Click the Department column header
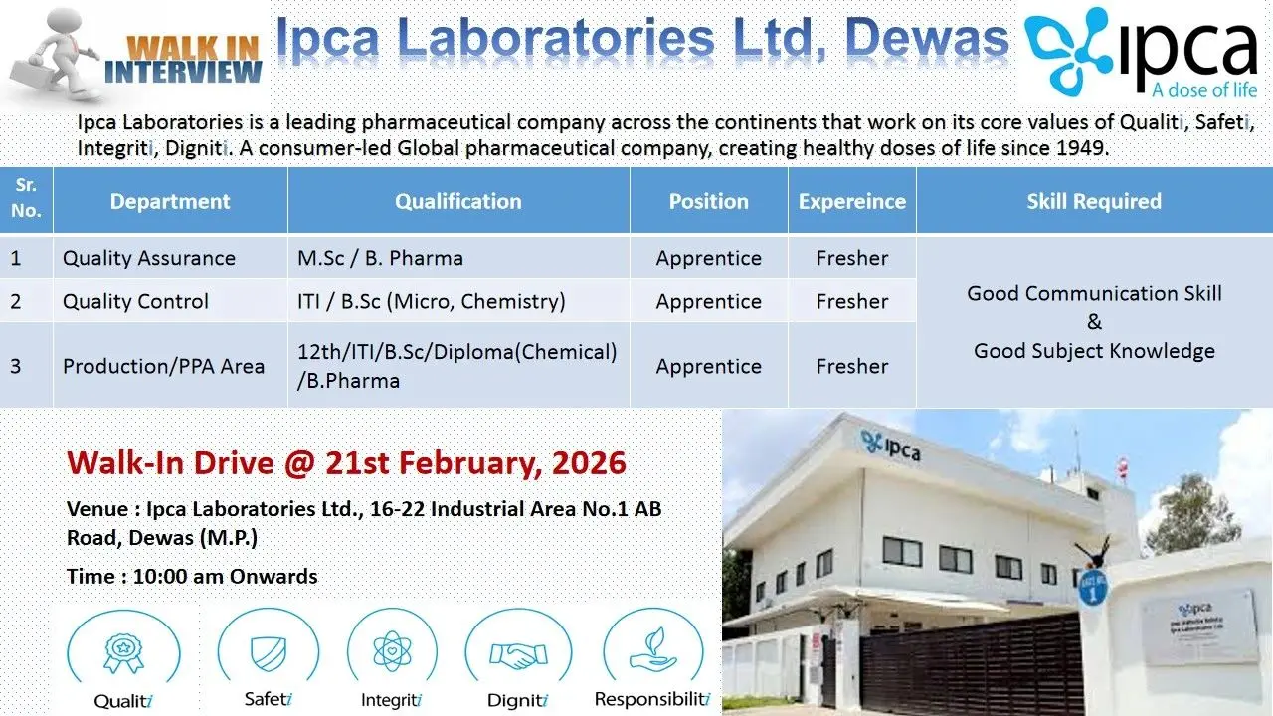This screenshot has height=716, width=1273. (x=170, y=201)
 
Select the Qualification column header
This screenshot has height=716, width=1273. (x=458, y=201)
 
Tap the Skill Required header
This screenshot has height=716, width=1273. (x=1094, y=201)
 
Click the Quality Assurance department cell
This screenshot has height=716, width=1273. (x=149, y=258)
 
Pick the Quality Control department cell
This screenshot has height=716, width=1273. (x=135, y=301)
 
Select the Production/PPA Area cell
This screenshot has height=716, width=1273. (x=163, y=367)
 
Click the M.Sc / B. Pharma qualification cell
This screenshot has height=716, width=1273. (x=380, y=258)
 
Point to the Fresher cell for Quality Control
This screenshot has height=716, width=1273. (x=852, y=301)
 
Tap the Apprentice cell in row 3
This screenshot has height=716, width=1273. (x=709, y=367)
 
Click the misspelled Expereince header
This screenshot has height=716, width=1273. (x=852, y=201)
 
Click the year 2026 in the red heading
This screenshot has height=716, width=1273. (x=589, y=462)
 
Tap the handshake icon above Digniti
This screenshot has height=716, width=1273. (x=518, y=655)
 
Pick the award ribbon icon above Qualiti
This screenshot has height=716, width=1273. (x=123, y=654)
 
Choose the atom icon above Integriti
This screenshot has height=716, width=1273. (x=392, y=651)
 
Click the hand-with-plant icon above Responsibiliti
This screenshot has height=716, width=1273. (x=653, y=650)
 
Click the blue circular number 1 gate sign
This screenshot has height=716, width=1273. (x=1092, y=589)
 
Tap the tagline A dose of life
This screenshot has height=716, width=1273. (x=1204, y=90)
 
